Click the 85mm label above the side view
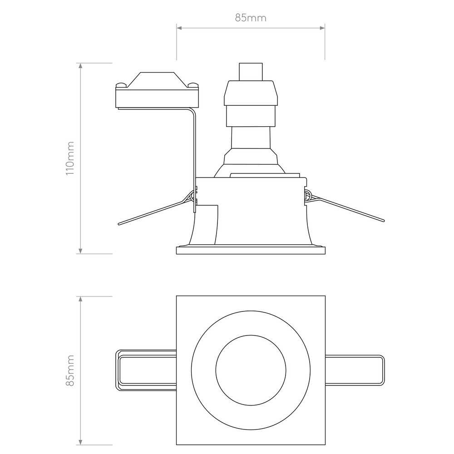coord(251,18)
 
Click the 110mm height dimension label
coord(70,158)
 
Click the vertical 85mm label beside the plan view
coord(70,370)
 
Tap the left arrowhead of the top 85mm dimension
coord(179,28)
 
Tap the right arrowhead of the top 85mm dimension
coord(322,28)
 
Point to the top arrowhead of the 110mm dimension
coord(80,66)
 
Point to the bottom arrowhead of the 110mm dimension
coord(80,251)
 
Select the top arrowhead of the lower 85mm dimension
coord(80,299)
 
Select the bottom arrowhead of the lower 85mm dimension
coord(80,442)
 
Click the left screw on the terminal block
coord(122,85)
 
